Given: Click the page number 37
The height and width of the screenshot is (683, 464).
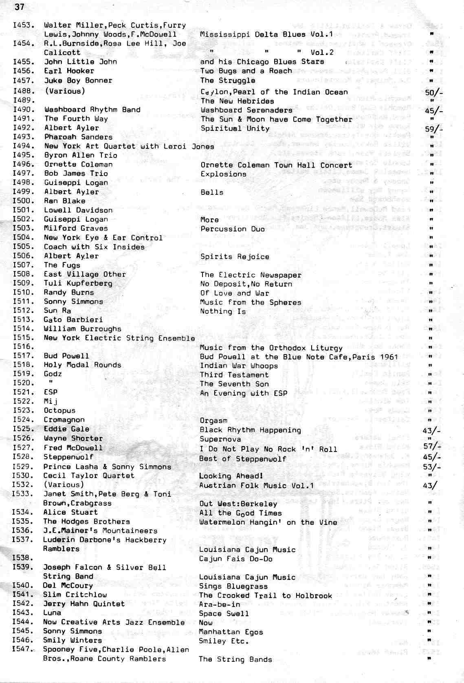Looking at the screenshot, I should pos(20,7).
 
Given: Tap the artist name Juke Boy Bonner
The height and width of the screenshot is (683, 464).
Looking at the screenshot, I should pos(78,80).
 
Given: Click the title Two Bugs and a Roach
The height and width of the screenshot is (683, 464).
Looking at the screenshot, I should pos(246,71).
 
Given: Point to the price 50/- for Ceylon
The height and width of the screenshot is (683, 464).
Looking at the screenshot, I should pos(433,93).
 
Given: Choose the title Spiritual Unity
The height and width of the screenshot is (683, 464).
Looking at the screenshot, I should pos(235,128).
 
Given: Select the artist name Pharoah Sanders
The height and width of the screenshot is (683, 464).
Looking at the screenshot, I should pos(78,137).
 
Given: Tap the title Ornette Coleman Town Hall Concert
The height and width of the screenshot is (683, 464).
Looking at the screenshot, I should pos(276,165).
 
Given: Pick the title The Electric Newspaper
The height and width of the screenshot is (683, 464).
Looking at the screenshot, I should pos(251,275).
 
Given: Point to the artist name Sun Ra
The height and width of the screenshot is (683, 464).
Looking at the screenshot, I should pos(57,311).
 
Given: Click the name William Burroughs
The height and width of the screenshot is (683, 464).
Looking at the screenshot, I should pos(82,329).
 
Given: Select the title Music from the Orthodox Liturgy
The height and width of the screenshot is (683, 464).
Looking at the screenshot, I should pos(271,348).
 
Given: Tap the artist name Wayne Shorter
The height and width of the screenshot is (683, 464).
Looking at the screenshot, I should pos(73,438).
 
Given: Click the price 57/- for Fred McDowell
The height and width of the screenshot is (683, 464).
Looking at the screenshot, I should pos(432,446).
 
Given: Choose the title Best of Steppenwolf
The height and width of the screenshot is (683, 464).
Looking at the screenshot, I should pos(243,458).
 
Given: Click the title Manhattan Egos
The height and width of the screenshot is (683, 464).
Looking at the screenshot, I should pos(231,632).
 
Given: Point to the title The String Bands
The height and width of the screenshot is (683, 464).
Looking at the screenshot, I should pos(235,659).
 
